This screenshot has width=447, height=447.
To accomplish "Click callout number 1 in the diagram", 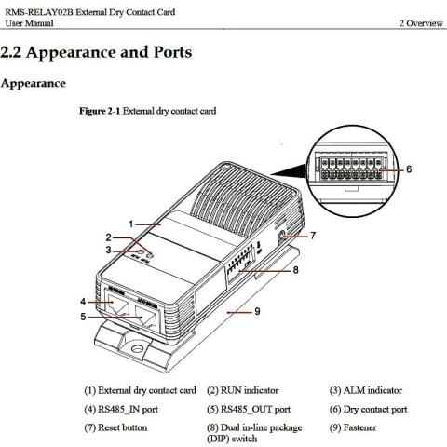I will (132, 223).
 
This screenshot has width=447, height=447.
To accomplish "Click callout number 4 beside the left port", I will (83, 301).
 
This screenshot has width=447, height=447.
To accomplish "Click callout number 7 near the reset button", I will (313, 236).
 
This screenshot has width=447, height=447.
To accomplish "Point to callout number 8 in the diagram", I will (295, 271).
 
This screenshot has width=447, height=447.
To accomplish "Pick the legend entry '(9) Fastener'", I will (359, 427).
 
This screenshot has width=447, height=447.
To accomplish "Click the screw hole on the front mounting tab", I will (139, 352).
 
